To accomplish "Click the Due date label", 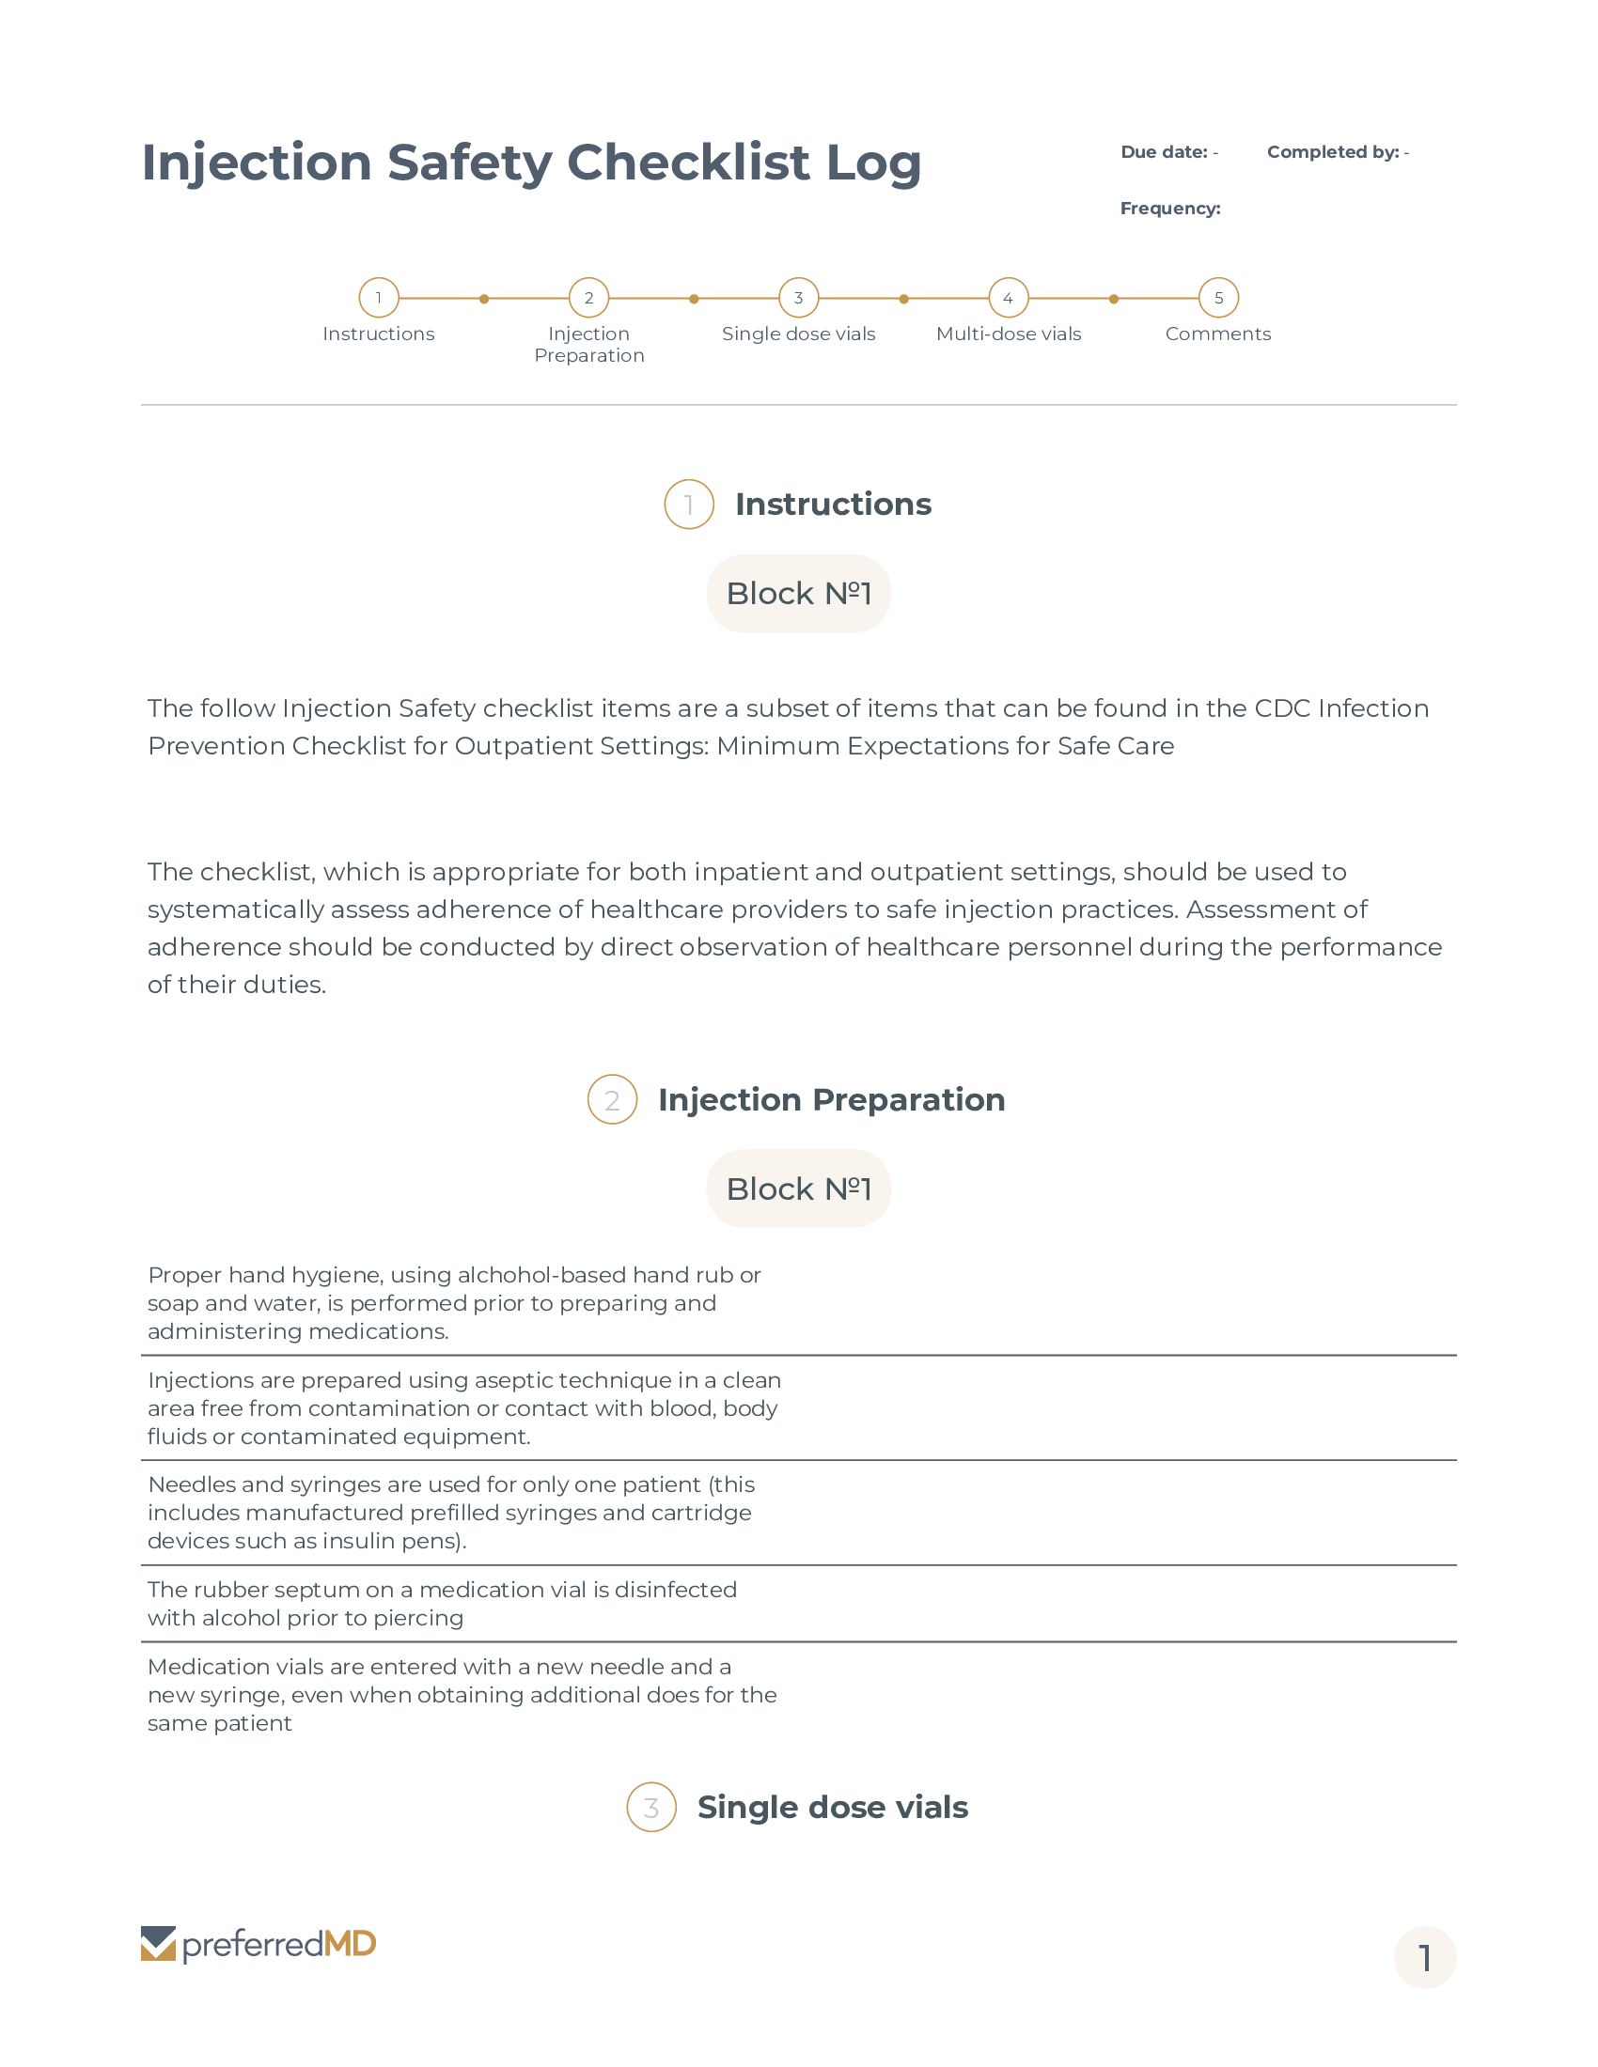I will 1164,152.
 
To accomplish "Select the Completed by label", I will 1332,152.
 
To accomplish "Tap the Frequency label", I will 1170,209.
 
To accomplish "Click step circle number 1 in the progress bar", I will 379,298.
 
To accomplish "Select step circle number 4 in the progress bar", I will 1009,298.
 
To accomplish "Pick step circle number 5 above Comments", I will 1218,298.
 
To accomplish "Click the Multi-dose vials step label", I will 1009,334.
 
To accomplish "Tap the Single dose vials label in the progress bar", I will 798,334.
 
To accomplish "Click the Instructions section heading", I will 833,505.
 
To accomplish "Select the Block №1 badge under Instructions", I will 798,594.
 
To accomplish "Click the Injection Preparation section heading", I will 831,1100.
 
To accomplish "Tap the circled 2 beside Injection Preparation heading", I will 613,1100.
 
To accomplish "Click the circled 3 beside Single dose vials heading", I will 651,1808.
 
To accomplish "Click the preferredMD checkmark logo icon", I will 158,1944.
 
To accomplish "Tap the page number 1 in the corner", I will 1425,1958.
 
